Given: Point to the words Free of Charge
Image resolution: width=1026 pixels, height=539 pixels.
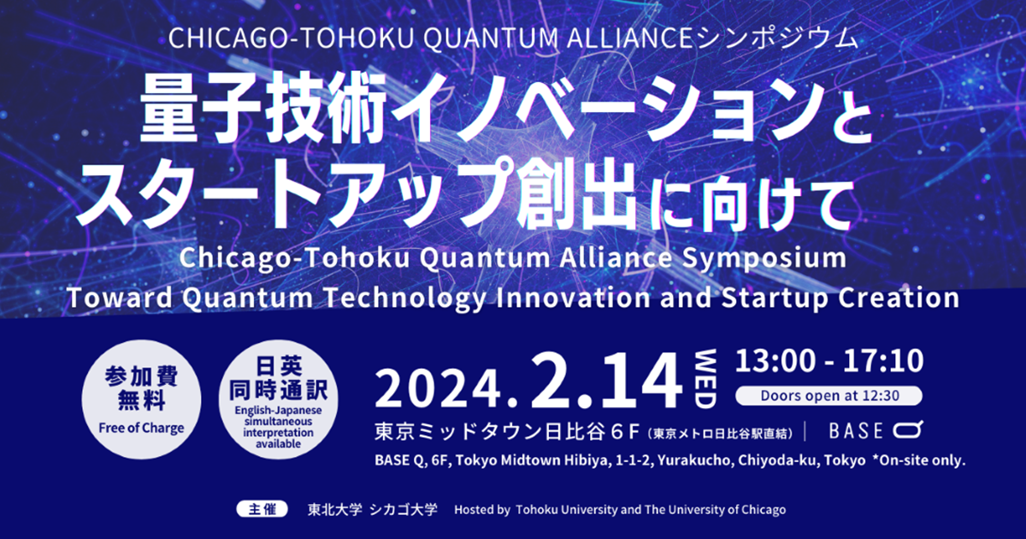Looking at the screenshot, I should pyautogui.click(x=140, y=429).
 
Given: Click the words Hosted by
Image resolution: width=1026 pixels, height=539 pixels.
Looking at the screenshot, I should pyautogui.click(x=481, y=509).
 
